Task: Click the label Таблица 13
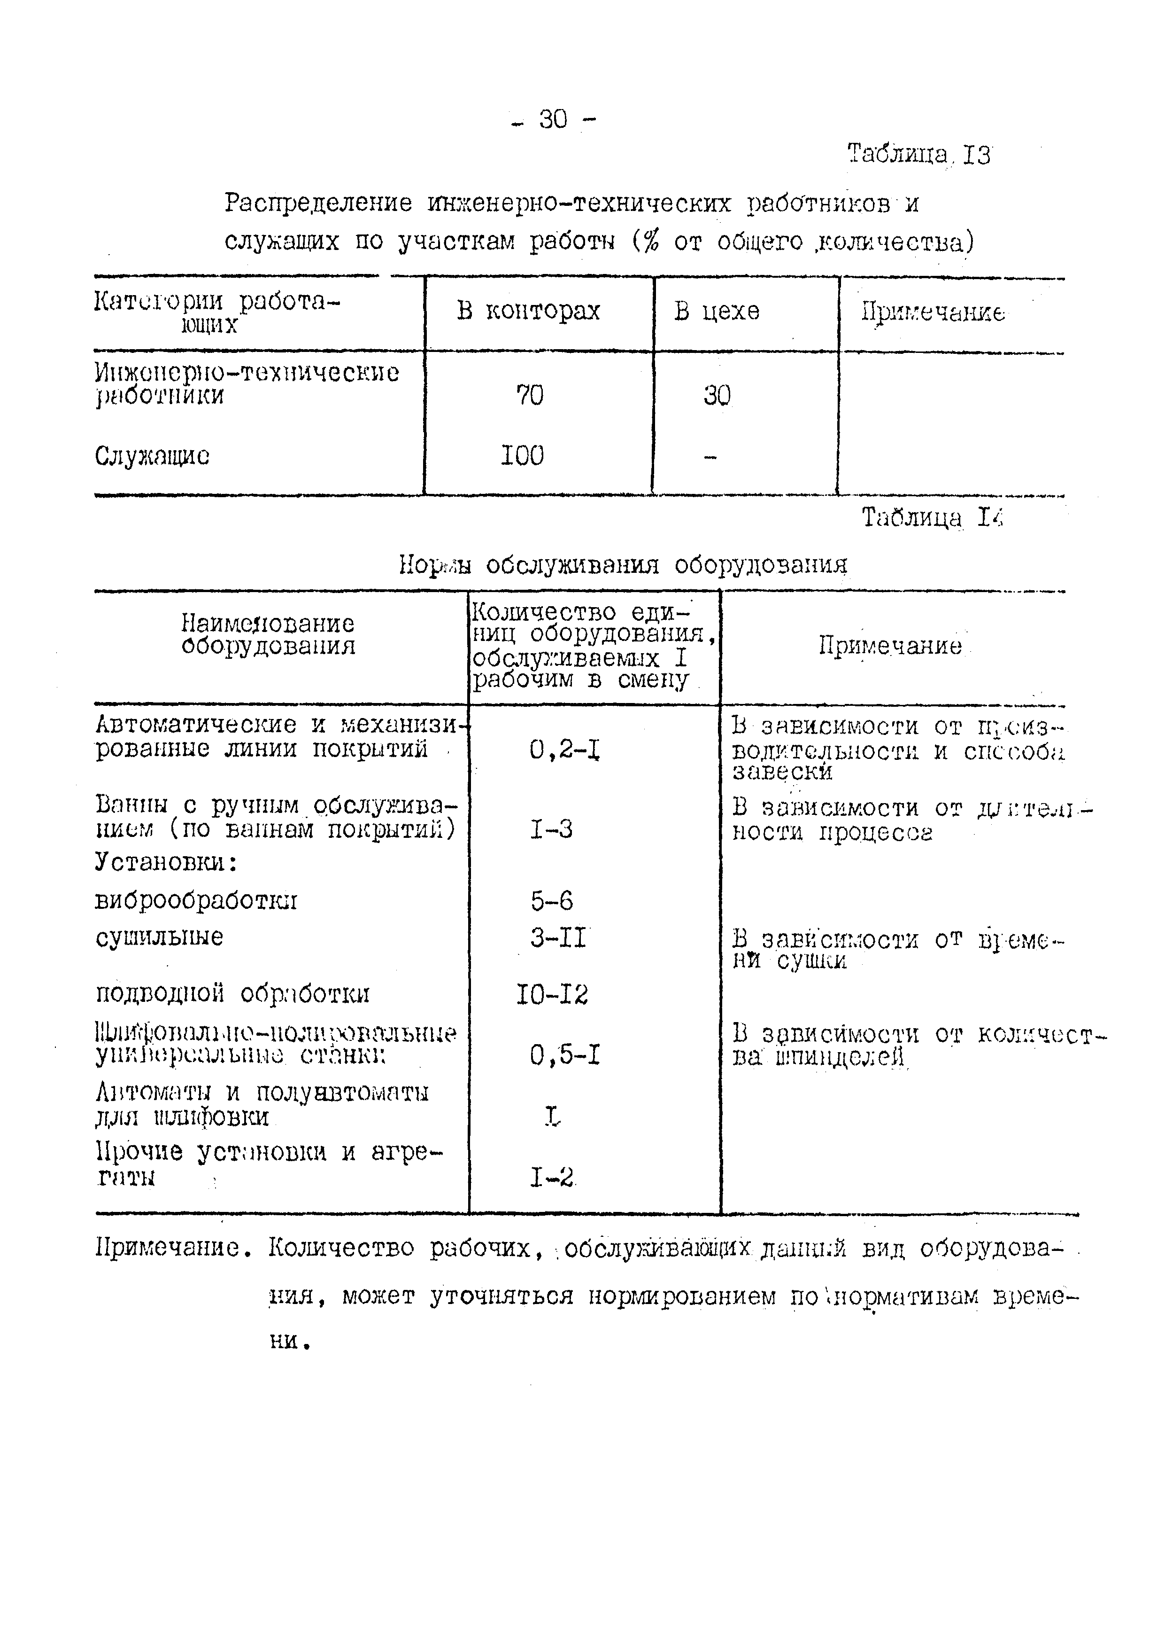coord(918,154)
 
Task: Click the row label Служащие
coord(152,456)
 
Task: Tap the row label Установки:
coord(166,862)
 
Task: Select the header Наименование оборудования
coord(268,634)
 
